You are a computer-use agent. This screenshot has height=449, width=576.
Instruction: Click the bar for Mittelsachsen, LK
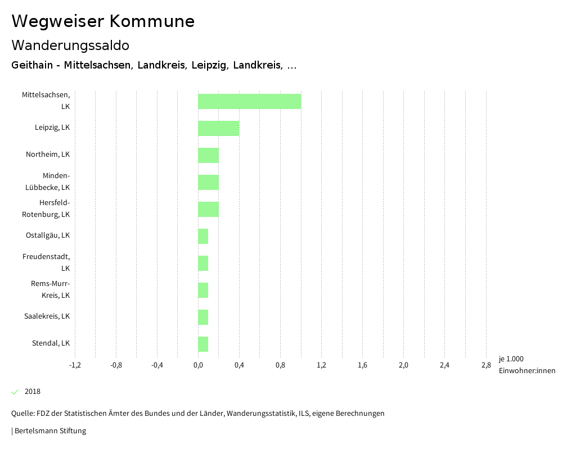pos(249,101)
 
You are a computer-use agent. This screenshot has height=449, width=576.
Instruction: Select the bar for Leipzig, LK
pos(218,128)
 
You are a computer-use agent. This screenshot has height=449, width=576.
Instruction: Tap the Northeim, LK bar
pos(208,155)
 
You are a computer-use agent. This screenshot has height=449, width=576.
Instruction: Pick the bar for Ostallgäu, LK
pos(203,236)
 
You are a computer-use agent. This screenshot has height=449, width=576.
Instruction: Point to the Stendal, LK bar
pos(203,344)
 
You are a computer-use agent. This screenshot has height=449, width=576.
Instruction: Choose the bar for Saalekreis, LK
pos(203,317)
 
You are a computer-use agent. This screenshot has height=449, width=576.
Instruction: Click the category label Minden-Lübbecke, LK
pos(48,182)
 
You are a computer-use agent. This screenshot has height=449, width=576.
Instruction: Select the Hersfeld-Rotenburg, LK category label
pos(46,208)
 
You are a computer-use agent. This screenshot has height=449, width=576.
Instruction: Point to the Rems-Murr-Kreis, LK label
pos(50,289)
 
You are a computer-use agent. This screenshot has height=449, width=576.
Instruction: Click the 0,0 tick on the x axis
pos(198,365)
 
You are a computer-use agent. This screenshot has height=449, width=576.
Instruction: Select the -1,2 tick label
pos(75,365)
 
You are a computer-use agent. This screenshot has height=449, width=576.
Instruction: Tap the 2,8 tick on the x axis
pos(485,365)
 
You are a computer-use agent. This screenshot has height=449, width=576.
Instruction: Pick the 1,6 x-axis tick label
pos(362,365)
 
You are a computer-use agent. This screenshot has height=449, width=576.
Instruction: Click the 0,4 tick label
pos(239,365)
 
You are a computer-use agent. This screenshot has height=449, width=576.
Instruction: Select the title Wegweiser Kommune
pos(103,21)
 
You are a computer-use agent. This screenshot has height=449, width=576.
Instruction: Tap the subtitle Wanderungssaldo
pos(70,45)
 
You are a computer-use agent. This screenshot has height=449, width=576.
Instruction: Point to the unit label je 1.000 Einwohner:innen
pos(526,365)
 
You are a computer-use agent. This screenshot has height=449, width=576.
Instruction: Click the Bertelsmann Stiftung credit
pos(49,431)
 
